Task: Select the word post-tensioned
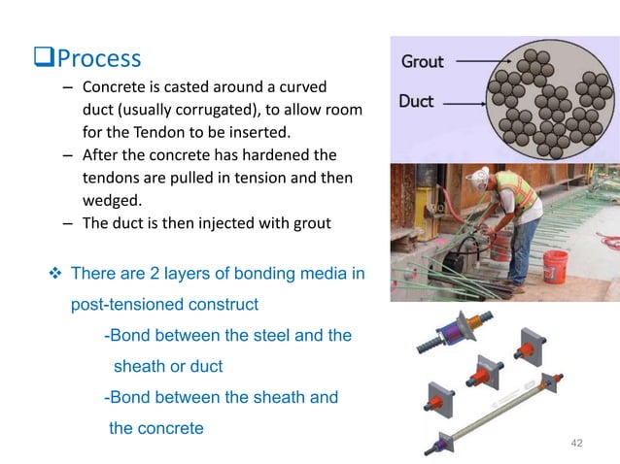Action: [121, 305]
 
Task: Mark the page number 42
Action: [577, 443]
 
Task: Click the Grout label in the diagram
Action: [423, 61]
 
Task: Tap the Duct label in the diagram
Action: [416, 101]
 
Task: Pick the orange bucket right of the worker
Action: [555, 267]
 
